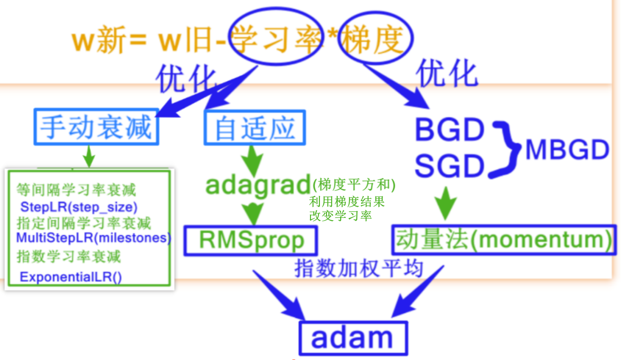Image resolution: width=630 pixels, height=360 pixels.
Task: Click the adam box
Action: coord(352,338)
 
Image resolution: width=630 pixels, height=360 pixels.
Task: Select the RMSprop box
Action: coord(251,240)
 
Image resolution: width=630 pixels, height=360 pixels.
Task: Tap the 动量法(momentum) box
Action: coord(503,240)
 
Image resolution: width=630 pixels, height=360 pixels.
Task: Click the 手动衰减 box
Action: coord(96,128)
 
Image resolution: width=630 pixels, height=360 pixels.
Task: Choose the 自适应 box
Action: coord(255,128)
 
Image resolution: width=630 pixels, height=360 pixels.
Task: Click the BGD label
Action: coord(449,130)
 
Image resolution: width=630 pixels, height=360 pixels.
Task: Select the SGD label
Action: coord(449,166)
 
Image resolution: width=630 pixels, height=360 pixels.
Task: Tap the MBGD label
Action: coord(567,151)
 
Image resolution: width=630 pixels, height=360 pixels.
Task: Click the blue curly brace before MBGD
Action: coord(505,150)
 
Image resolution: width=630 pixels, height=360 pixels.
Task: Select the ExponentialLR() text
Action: coord(71,277)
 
